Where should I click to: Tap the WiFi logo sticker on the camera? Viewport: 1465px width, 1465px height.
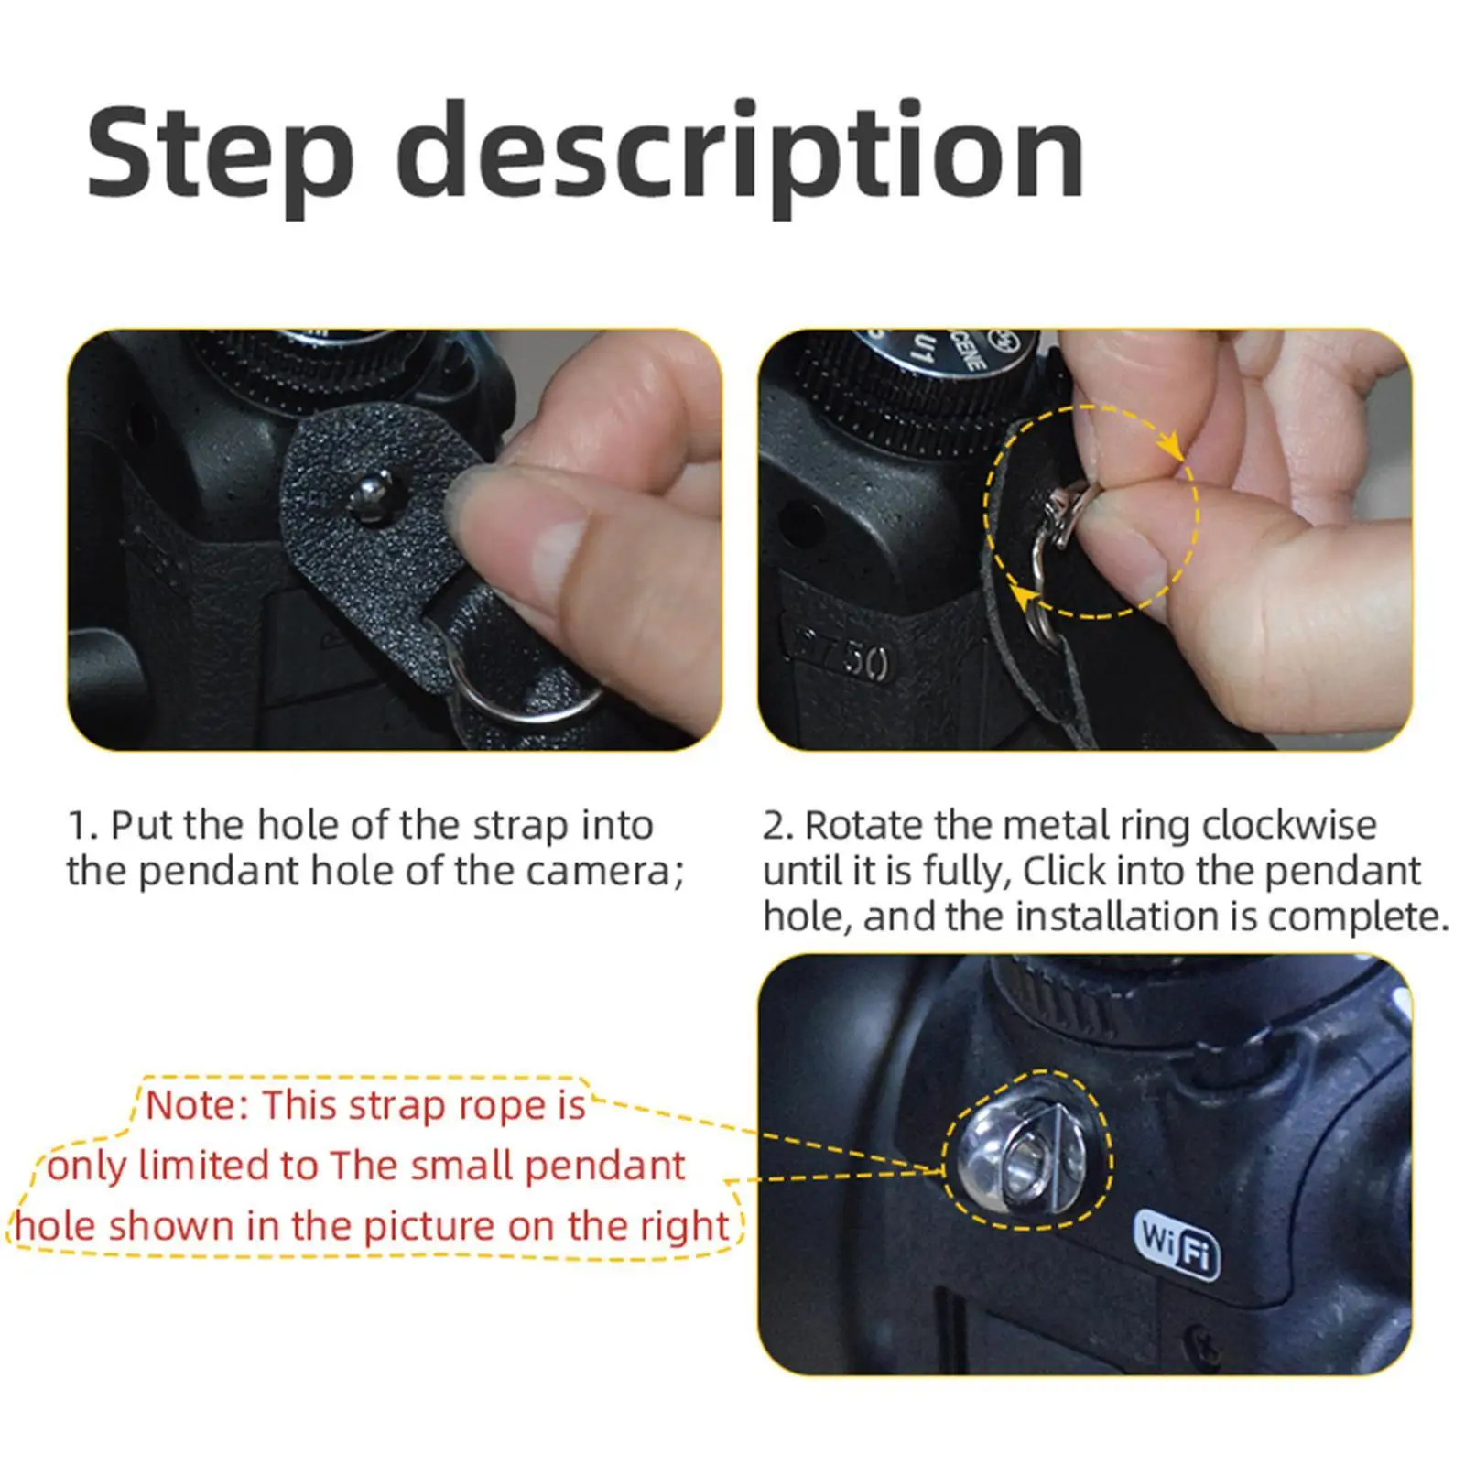(1178, 1244)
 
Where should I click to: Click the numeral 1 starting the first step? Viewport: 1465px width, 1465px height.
(79, 826)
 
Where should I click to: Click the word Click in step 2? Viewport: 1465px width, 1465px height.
(1064, 871)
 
